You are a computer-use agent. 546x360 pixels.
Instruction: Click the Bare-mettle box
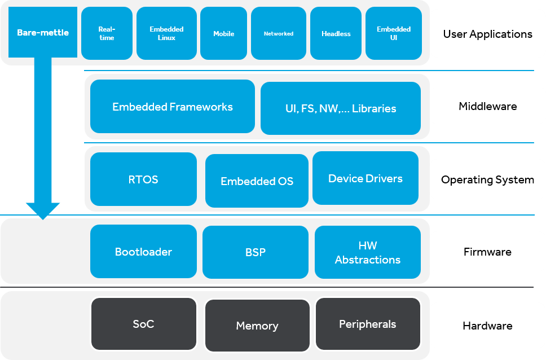(43, 32)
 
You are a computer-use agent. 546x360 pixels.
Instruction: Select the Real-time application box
(106, 33)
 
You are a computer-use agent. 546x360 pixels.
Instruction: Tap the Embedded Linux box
(166, 33)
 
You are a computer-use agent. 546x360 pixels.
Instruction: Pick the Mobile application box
(223, 33)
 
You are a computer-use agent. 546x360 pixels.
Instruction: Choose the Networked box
(279, 33)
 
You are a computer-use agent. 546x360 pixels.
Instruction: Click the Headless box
(336, 33)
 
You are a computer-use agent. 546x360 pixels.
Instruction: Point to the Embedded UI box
(394, 33)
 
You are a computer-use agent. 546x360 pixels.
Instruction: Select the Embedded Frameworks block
(173, 107)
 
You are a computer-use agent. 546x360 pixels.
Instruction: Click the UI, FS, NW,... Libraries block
(341, 108)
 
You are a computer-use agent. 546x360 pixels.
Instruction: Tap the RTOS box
(143, 179)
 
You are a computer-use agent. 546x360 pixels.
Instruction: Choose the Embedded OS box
(257, 181)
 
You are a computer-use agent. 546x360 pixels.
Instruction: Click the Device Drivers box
(366, 178)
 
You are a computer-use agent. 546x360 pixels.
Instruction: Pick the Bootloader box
(143, 252)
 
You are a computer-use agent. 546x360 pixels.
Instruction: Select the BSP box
(256, 252)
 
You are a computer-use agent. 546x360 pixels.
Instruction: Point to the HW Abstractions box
(368, 252)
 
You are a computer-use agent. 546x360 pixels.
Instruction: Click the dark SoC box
(143, 324)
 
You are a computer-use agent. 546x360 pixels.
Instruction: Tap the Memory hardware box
(257, 326)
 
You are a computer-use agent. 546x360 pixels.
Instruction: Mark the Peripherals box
(368, 324)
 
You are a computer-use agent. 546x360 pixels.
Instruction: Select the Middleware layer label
(487, 107)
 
